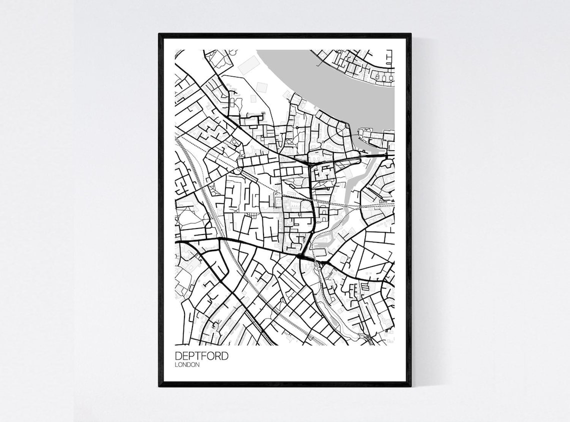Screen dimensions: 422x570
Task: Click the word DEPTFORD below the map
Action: tap(201, 356)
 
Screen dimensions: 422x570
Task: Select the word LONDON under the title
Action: tap(187, 365)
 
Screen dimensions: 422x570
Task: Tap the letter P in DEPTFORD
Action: tap(192, 356)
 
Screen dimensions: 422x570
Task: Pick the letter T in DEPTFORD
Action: tap(199, 356)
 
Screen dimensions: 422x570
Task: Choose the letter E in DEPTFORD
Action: tap(186, 356)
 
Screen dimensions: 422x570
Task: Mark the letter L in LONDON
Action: tap(176, 365)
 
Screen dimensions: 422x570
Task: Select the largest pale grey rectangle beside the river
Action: tap(249, 65)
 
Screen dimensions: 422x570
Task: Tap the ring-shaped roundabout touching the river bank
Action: tap(347, 125)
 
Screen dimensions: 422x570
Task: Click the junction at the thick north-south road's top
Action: tap(310, 163)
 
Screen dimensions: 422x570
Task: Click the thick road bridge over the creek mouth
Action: tap(372, 156)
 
